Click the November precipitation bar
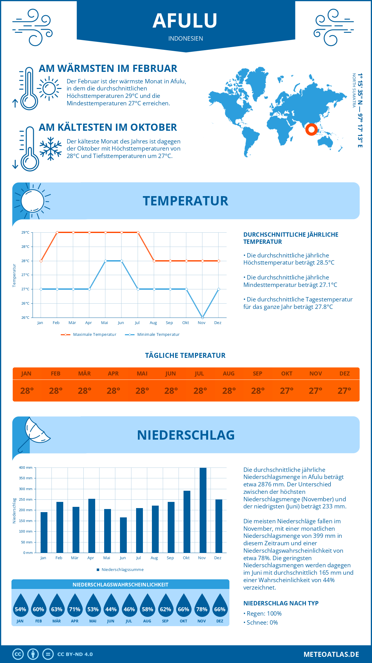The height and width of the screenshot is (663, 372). pos(203,510)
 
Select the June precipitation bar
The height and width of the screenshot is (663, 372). pos(123,535)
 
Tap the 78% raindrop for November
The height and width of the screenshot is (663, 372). pos(202,605)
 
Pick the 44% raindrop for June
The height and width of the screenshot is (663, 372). pos(111,605)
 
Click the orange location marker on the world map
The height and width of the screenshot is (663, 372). pos(311,129)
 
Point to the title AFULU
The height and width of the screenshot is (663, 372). pos(185,21)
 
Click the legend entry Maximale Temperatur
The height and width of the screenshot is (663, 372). pos(89,335)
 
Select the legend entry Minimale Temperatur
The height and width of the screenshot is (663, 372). pos(153,335)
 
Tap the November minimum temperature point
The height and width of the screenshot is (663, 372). pos(202,318)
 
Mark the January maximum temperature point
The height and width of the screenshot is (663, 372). pos(41,261)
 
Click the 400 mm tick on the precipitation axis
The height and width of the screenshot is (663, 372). pos(26,468)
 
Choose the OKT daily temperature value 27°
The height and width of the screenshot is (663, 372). pos(287,391)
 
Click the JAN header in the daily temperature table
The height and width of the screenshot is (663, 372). pos(26,374)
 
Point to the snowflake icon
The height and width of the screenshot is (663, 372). pos(51,149)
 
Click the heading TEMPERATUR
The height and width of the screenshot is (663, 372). pos(185,201)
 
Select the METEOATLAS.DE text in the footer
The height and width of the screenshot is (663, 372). pos(331,654)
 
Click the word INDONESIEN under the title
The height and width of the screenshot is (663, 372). pos(186,38)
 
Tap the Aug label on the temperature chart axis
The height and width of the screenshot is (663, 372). pos(153,323)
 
